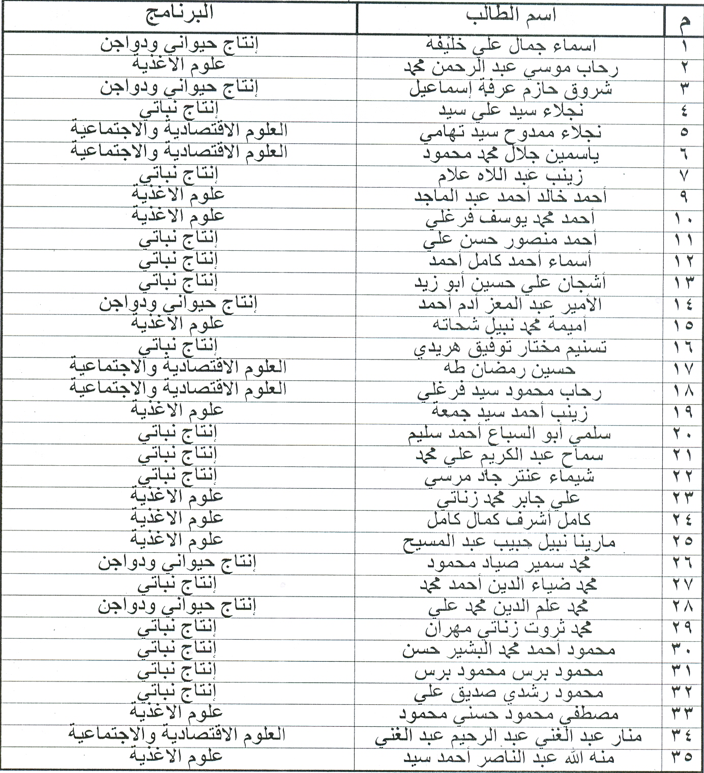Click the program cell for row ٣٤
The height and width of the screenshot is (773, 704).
(178, 735)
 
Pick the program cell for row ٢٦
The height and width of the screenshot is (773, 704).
(178, 562)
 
